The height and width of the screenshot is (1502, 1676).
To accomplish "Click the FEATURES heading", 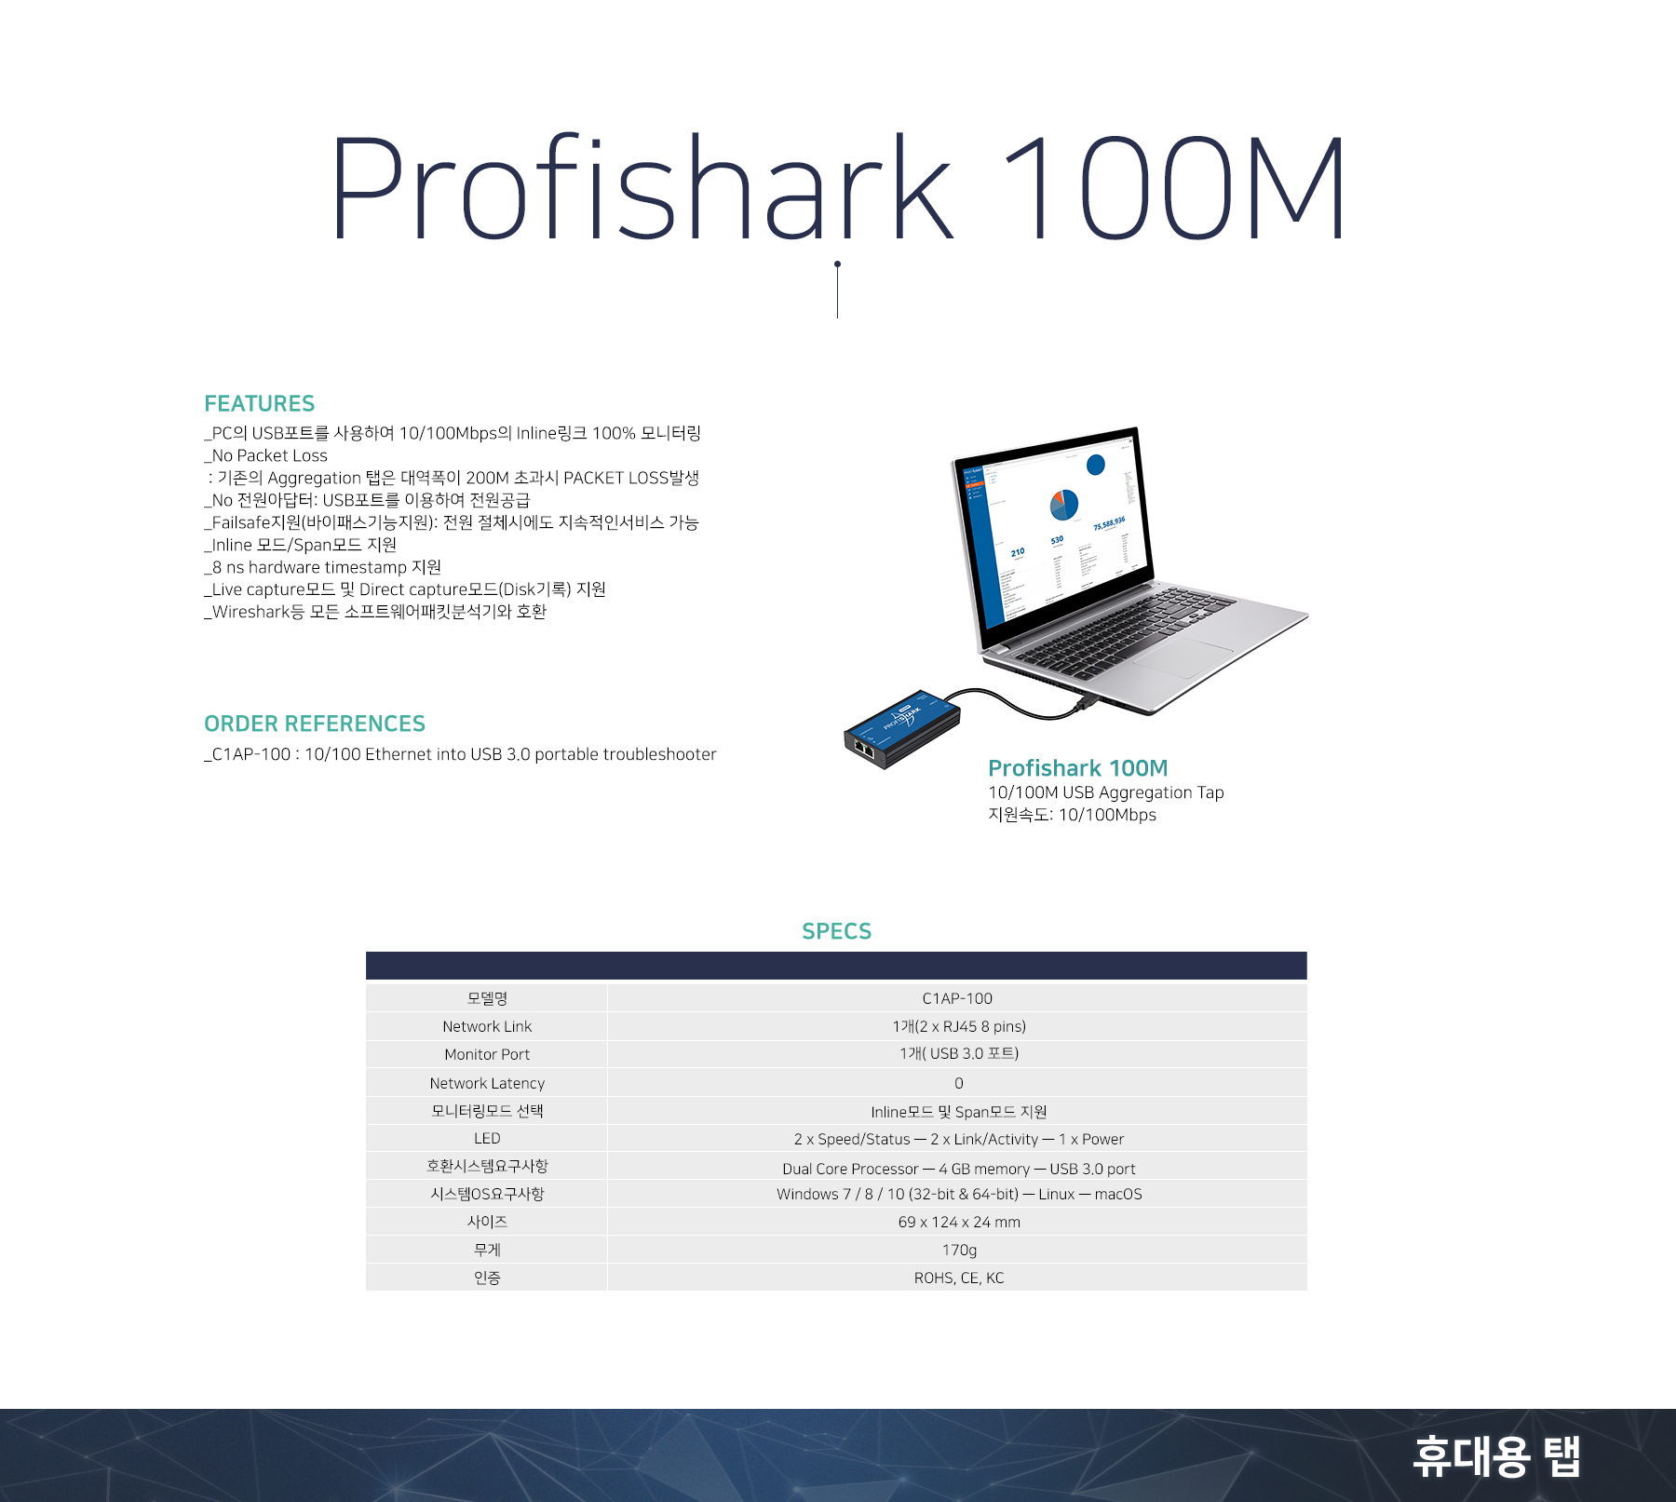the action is pos(259,403).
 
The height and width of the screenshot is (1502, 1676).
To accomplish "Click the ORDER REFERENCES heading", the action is pos(315,724).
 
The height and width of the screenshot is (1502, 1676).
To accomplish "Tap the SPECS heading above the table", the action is pos(836,931).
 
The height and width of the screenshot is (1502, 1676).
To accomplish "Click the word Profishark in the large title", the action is pos(642,188).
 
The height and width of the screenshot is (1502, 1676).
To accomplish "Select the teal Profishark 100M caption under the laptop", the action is pos(1077,768).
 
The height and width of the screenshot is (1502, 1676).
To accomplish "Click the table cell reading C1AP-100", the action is pos(957,998).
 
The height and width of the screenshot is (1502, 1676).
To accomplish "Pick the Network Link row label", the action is pos(487,1026).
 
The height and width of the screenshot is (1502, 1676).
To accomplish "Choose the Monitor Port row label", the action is pos(487,1054).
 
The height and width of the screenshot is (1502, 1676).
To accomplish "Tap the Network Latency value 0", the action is pos(958,1083).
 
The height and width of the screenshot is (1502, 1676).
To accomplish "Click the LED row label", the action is pos(487,1138).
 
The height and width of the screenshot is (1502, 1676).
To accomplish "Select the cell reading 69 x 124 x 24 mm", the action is pos(959,1222).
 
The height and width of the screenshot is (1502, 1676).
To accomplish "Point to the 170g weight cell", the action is pos(959,1250).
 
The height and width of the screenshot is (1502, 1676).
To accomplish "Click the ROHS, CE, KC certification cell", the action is pos(959,1278).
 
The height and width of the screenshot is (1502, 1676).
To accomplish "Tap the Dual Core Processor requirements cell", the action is pos(959,1168).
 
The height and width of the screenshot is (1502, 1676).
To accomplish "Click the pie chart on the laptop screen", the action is pos(1064,505).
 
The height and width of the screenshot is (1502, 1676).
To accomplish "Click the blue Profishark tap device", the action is pos(902,729).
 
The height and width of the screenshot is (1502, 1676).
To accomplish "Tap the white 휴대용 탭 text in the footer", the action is pos(1496,1455).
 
